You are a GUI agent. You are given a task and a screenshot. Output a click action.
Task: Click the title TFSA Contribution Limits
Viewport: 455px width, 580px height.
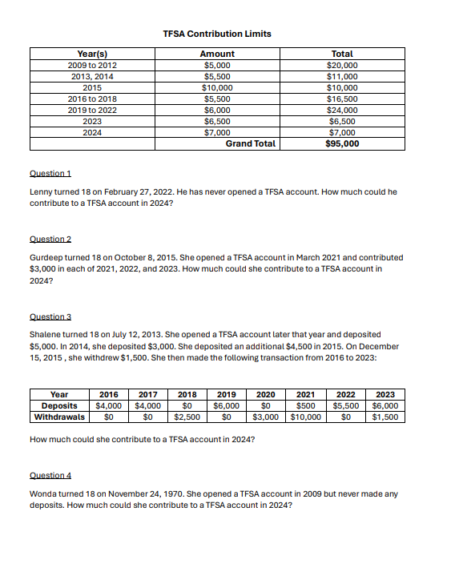[216, 34]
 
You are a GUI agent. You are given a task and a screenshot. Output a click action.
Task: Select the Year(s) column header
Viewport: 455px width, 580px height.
[93, 54]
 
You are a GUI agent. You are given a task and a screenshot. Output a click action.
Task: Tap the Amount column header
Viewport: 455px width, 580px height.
[216, 54]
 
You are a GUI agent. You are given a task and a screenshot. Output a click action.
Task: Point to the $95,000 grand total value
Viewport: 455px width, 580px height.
[342, 144]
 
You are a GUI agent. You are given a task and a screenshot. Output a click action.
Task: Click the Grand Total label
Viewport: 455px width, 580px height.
[250, 144]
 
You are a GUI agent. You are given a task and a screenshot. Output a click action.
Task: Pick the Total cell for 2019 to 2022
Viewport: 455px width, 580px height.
[342, 110]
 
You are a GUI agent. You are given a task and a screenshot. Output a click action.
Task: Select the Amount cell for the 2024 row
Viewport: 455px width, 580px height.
[216, 132]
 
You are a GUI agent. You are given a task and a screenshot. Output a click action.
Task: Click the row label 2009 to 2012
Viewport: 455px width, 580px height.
[93, 65]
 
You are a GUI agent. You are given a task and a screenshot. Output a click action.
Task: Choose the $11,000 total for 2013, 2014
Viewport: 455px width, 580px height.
[342, 76]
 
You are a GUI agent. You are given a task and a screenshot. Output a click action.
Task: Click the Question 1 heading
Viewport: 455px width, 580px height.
[50, 173]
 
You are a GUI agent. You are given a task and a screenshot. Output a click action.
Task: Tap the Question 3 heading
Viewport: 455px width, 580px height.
[50, 316]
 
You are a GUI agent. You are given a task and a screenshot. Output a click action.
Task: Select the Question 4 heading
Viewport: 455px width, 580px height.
[50, 475]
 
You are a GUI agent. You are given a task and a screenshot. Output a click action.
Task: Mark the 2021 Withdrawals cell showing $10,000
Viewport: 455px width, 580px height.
[305, 417]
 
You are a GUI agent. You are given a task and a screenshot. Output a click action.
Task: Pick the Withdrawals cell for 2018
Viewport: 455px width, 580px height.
[187, 417]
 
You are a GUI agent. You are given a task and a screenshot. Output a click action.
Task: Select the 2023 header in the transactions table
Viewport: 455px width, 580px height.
[385, 394]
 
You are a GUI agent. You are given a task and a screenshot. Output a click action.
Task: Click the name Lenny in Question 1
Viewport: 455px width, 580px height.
[41, 192]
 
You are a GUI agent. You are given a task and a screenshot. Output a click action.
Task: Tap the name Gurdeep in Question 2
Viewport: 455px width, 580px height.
[46, 258]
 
